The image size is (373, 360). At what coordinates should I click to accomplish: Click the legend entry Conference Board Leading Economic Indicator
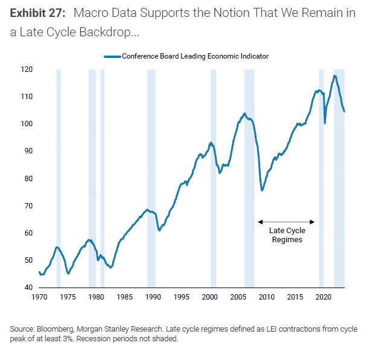pos(195,56)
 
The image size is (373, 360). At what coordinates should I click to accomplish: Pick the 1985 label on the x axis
pos(124,297)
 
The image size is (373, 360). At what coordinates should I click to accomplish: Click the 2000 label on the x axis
pos(209,297)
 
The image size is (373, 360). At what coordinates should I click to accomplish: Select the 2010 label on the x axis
pos(266,297)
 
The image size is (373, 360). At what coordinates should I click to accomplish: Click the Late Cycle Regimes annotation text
pos(287,235)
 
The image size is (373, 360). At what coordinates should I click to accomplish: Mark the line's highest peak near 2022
pos(335,76)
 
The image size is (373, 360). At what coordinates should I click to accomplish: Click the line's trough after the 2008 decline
pos(261,190)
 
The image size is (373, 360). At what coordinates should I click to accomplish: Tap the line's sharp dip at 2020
pos(325,123)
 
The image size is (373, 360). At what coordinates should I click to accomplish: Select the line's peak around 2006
pos(244,114)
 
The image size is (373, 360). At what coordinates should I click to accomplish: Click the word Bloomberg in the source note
pos(51,329)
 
